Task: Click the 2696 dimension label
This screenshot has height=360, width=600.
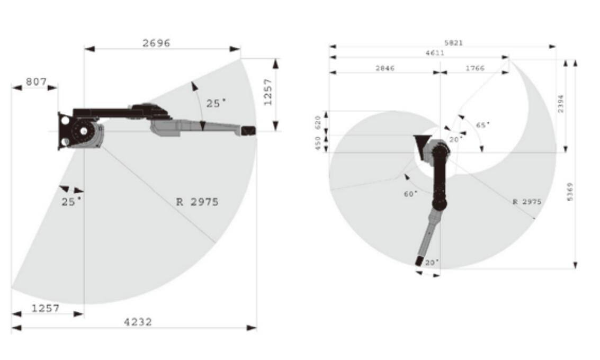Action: (x=156, y=43)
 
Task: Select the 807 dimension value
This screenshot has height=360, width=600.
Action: (x=36, y=82)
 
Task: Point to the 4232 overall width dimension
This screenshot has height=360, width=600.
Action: (x=138, y=322)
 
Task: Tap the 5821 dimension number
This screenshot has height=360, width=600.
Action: (x=453, y=43)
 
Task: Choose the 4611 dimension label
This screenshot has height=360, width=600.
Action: (x=435, y=53)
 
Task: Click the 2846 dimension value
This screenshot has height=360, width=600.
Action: (x=385, y=68)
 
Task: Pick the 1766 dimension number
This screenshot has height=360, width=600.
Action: (x=475, y=68)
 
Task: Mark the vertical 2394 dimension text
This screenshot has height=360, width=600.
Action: (x=561, y=103)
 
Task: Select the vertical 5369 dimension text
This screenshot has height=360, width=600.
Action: (x=570, y=192)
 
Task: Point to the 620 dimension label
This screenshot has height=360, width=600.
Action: (x=318, y=123)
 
